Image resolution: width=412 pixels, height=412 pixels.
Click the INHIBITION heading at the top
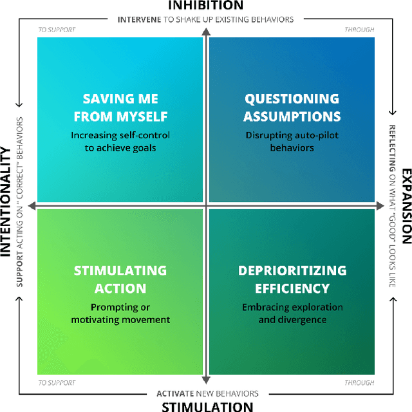(x=206, y=5)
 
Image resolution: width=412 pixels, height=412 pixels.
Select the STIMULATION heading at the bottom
(x=207, y=406)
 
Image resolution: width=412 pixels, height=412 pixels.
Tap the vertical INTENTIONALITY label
(x=6, y=201)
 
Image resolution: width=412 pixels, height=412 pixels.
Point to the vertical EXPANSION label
(x=406, y=206)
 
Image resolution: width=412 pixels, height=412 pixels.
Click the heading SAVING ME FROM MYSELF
(x=120, y=108)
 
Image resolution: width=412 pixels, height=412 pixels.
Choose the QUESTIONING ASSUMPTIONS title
(x=292, y=108)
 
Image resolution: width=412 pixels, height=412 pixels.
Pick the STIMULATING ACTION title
(x=120, y=279)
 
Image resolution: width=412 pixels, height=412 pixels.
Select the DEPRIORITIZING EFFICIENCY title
(x=292, y=279)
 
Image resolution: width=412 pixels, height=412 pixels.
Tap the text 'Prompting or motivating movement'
(x=120, y=314)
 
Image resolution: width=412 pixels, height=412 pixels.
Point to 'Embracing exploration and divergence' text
(x=292, y=314)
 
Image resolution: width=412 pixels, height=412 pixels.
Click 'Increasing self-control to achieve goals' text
(x=120, y=142)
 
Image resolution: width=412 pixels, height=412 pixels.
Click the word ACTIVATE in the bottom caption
(x=174, y=393)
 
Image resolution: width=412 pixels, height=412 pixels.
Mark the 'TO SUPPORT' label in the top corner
(x=57, y=30)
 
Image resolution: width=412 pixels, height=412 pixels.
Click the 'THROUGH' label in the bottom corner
(x=359, y=383)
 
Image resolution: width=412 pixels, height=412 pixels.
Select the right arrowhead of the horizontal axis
(x=379, y=206)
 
